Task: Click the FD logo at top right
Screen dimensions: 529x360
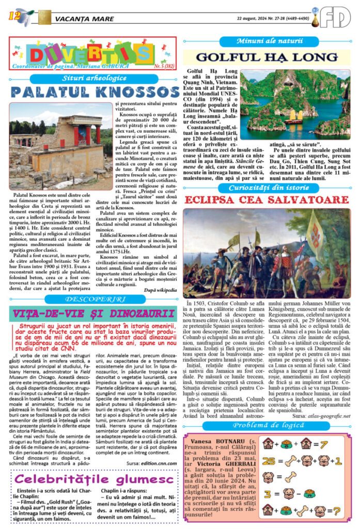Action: click(x=335, y=17)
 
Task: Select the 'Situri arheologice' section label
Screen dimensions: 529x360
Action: click(x=93, y=79)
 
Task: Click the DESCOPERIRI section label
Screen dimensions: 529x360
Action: click(x=94, y=299)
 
